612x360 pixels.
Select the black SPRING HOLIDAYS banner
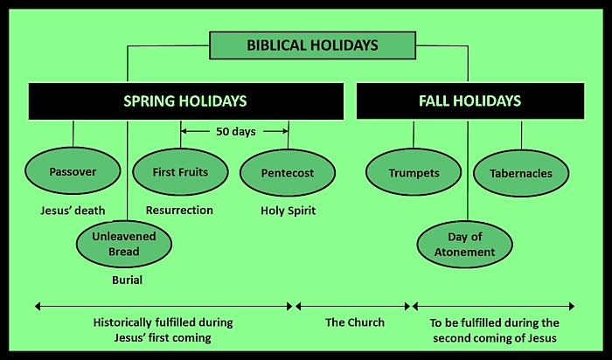tap(184, 101)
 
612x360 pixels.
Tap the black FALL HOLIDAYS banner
tap(469, 101)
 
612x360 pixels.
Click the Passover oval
tap(72, 172)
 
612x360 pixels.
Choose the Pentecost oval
tap(287, 173)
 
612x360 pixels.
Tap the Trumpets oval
tap(414, 173)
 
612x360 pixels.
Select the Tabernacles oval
tap(520, 173)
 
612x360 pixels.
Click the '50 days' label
tap(234, 131)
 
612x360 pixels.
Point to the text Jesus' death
tap(72, 211)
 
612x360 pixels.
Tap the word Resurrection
tap(179, 211)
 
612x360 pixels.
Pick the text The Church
tap(354, 322)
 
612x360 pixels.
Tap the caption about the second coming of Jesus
tap(494, 329)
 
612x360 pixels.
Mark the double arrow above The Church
tap(353, 306)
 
